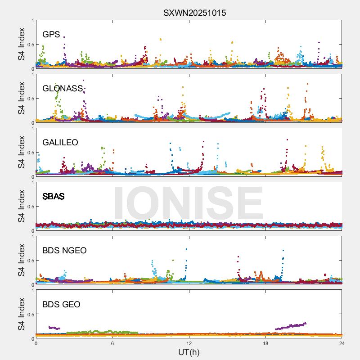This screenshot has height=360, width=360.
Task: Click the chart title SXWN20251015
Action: tap(194, 13)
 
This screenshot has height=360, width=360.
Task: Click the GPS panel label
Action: tap(51, 35)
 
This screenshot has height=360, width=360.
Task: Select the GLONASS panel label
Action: tap(63, 89)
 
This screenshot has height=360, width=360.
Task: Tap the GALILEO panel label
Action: tap(60, 143)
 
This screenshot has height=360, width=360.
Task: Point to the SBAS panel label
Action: tap(53, 197)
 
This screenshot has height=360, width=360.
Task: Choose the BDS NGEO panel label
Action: tap(64, 251)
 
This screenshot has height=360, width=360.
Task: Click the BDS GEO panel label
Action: tap(61, 305)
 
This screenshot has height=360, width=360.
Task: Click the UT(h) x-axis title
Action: tap(189, 352)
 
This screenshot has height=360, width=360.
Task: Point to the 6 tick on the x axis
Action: tap(112, 343)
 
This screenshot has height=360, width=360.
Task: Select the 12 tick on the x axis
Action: tap(189, 343)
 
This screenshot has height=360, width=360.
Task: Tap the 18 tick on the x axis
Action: tap(265, 343)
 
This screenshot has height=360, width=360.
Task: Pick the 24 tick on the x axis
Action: tap(342, 343)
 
